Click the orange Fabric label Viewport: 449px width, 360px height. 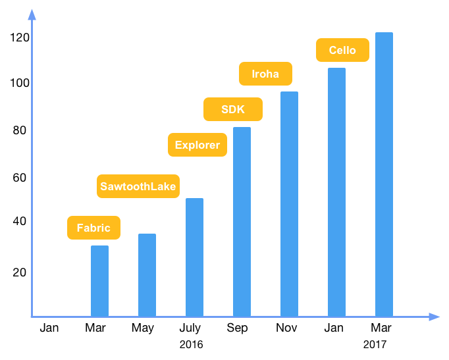point(93,228)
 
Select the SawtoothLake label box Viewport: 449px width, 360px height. point(138,186)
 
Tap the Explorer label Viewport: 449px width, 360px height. point(198,145)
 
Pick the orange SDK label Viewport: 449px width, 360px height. point(233,109)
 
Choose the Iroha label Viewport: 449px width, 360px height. point(265,74)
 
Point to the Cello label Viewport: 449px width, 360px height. point(342,50)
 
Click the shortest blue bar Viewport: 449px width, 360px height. point(99,281)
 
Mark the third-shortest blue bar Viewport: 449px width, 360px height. point(194,257)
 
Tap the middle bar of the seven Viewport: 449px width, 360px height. point(242,222)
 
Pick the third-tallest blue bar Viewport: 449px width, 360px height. point(289,204)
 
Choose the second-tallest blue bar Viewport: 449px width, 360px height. point(336,192)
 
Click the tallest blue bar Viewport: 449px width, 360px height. point(384,174)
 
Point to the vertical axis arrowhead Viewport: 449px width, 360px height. point(32,14)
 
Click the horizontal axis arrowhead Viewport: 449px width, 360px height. point(434,317)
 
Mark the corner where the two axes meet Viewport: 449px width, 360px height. point(32,317)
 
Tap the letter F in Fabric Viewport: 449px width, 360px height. point(80,228)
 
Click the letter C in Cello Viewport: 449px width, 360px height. point(333,50)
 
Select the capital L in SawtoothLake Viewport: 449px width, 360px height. point(153,186)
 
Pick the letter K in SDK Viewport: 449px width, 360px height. point(240,109)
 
